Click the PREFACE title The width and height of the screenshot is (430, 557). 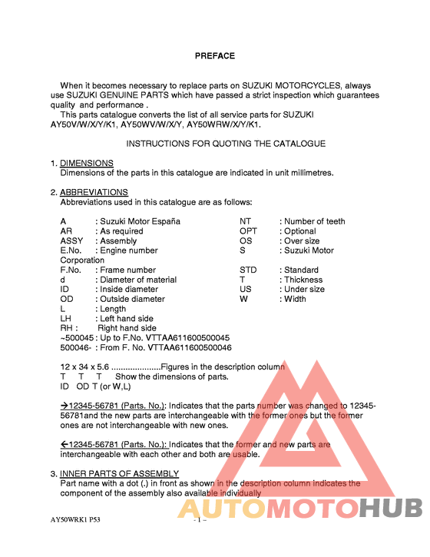coord(214,55)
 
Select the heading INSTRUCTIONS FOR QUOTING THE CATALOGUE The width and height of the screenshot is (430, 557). coord(226,144)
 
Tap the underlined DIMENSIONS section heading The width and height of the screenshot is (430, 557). coord(87,163)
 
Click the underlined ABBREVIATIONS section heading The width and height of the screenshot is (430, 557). coord(94,192)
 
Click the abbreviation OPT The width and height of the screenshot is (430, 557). coord(249,230)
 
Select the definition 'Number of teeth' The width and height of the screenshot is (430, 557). coord(315,221)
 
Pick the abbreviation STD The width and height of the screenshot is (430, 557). coord(248,270)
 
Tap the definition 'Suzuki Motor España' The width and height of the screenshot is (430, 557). coord(141,221)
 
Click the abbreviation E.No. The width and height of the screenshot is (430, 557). coord(71,250)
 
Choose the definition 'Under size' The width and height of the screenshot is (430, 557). coord(305,290)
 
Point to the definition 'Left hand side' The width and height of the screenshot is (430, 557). coord(127,319)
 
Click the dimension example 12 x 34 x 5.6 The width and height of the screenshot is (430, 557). coord(85,367)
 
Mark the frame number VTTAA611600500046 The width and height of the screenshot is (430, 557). coord(184,348)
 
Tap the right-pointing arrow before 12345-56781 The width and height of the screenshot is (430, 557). coord(64,406)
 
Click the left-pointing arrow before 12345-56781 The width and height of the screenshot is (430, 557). coord(64,445)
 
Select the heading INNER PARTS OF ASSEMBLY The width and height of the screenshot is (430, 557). coord(119,473)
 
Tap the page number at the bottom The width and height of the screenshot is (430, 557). coord(199,520)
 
